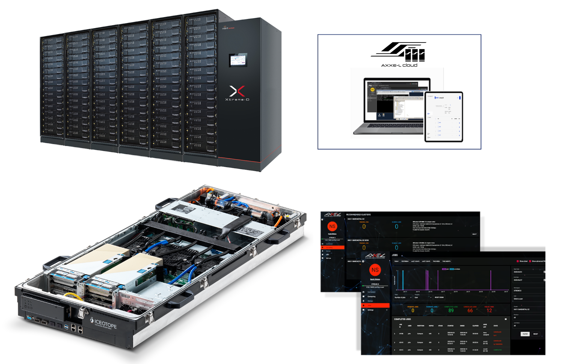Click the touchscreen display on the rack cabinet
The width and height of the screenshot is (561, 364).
point(238,60)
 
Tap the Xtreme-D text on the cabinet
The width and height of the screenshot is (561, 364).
point(237,100)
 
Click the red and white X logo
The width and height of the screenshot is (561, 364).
point(237,91)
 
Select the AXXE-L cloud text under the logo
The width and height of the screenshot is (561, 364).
point(399,65)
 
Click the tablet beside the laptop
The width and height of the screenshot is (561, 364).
point(444,117)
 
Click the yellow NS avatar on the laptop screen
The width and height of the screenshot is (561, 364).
point(373,90)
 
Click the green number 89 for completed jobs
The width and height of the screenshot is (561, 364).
point(451,311)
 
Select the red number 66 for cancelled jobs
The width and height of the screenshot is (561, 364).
point(470,311)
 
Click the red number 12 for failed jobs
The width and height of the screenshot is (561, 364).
point(489,311)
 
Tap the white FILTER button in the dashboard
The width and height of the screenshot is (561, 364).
point(525,334)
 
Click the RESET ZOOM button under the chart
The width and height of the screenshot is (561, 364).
point(439,297)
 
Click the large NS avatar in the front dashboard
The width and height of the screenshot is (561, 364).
point(375,270)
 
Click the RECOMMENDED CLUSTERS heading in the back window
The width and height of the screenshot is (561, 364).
point(359,215)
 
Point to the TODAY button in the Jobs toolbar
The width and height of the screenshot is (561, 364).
point(396,261)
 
